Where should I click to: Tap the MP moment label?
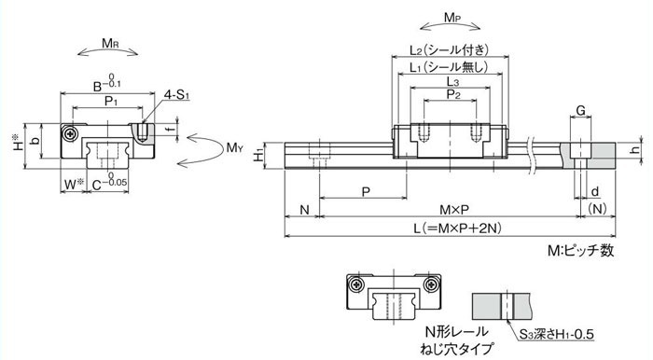(452, 18)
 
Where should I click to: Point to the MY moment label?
(234, 147)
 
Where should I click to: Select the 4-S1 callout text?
(176, 95)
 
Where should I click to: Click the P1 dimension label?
(110, 101)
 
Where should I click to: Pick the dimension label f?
(171, 129)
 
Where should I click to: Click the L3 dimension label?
(452, 81)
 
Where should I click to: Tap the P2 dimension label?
(453, 94)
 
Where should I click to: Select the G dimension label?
(580, 111)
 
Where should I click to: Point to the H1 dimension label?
(258, 156)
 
